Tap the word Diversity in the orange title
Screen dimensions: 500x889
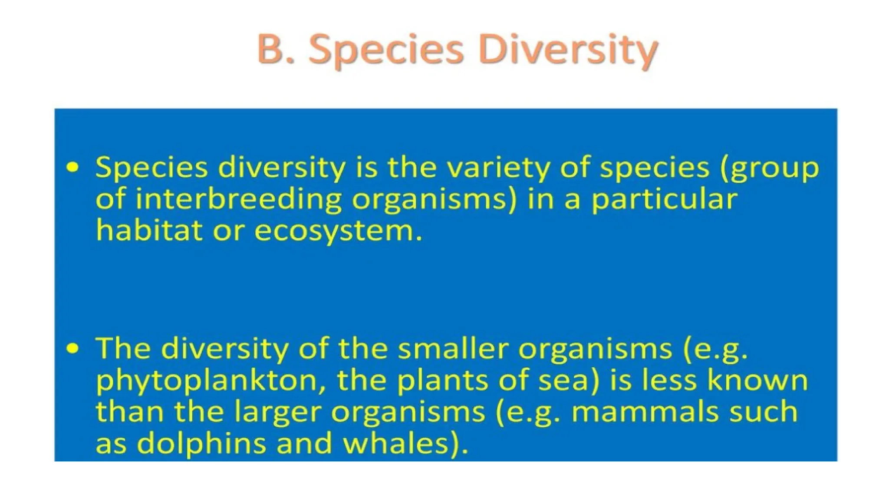pos(569,50)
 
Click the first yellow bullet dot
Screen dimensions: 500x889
pos(73,167)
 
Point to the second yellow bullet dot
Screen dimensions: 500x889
pos(73,348)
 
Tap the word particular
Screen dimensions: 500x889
pos(665,199)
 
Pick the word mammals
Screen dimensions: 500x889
pos(645,411)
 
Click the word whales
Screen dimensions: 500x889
pos(402,443)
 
